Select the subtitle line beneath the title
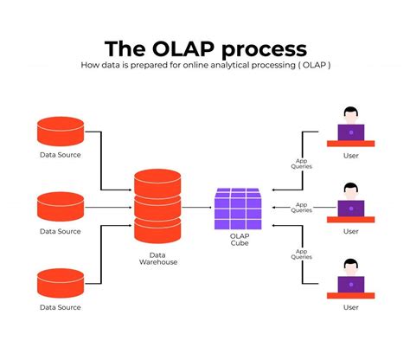[205, 66]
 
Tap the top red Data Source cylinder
[61, 132]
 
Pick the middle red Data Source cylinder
[61, 207]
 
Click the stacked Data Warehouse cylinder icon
[157, 207]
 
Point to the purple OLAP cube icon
[239, 209]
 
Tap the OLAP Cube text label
[239, 239]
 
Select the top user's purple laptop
[350, 132]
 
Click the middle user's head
[350, 190]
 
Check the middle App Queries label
[302, 208]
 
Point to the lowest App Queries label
[302, 254]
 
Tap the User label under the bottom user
[350, 307]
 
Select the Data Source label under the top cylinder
[61, 156]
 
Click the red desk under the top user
[350, 145]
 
